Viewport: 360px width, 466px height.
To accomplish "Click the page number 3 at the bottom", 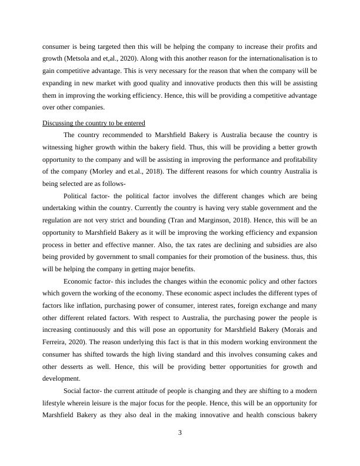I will pos(180,434).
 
